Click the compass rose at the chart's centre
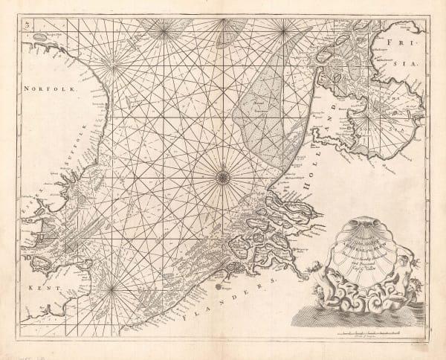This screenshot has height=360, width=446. pos(223,176)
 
